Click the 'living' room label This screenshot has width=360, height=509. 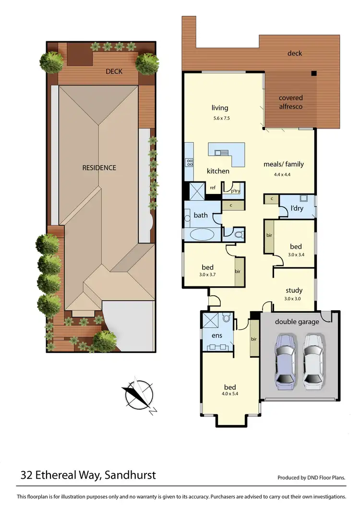click(220, 108)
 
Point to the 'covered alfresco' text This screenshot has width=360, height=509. click(291, 102)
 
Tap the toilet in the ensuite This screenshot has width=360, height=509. click(227, 318)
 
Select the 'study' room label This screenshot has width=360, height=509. click(294, 290)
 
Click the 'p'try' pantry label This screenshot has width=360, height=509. click(235, 191)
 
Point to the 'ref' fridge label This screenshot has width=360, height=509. click(213, 188)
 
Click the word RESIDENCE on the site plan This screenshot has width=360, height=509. click(99, 168)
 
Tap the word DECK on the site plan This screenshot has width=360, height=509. click(114, 72)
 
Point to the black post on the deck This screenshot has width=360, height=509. click(313, 73)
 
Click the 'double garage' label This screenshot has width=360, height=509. click(297, 322)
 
